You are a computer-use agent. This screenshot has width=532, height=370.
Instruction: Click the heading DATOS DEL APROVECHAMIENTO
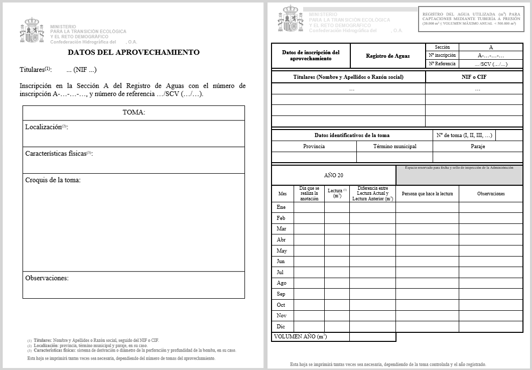click(134, 52)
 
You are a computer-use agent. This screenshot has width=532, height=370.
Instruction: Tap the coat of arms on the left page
click(32, 31)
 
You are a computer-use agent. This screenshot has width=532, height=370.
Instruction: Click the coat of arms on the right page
click(290, 19)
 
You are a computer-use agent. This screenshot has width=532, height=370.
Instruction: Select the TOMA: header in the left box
click(134, 112)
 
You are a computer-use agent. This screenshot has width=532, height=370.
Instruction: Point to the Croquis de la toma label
click(53, 180)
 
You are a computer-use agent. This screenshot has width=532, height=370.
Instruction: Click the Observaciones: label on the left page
click(47, 278)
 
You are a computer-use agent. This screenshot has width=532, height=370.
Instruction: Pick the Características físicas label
click(59, 154)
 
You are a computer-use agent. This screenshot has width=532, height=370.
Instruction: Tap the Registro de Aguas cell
click(387, 56)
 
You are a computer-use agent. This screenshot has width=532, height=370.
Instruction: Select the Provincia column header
click(314, 146)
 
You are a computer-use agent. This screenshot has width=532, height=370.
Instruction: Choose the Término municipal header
click(394, 146)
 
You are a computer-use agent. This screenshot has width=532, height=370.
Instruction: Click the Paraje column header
click(478, 146)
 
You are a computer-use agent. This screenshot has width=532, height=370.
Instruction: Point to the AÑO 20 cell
click(334, 175)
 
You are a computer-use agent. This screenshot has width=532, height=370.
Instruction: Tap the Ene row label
click(281, 207)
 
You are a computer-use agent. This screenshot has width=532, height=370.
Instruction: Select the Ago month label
click(282, 283)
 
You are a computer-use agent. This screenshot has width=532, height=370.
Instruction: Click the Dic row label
click(281, 326)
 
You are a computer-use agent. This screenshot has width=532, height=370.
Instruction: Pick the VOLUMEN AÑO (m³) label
click(301, 336)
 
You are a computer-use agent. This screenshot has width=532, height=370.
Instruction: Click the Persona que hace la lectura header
click(427, 194)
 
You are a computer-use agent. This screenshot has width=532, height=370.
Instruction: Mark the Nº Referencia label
click(442, 64)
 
